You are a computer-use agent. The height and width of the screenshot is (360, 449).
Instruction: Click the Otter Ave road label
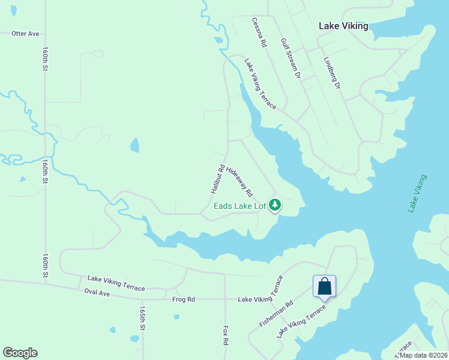(x=25, y=34)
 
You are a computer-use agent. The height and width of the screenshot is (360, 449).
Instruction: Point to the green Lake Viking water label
(x=417, y=193)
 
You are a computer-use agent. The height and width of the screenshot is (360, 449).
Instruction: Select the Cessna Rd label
(x=259, y=32)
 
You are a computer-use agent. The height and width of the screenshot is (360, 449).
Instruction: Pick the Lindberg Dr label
(x=332, y=74)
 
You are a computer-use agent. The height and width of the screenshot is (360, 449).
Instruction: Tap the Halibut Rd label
(x=217, y=178)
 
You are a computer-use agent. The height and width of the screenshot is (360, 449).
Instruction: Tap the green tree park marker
(x=275, y=205)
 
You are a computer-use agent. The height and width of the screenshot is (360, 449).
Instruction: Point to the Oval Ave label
(x=98, y=293)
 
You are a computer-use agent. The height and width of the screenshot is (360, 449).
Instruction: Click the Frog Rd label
(x=184, y=299)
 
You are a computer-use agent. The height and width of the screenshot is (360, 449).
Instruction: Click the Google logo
(x=20, y=353)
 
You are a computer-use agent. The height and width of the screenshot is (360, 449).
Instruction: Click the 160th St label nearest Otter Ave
(x=45, y=60)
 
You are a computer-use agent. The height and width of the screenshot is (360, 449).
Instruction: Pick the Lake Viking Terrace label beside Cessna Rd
(x=260, y=83)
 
